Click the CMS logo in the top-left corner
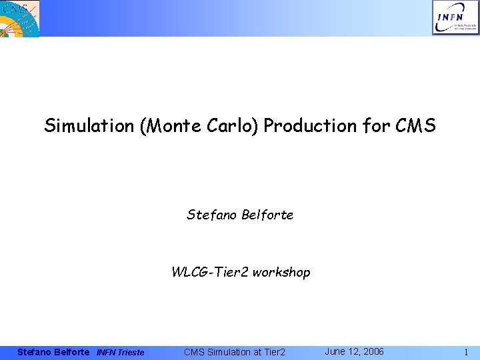[x=20, y=18]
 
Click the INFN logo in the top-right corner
[x=455, y=18]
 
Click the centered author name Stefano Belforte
[x=240, y=215]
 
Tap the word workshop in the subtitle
[x=281, y=272]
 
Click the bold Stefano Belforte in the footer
[x=53, y=352]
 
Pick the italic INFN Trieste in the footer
[x=120, y=352]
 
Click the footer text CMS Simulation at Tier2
[x=234, y=352]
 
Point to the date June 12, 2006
[x=354, y=351]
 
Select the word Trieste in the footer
[x=131, y=352]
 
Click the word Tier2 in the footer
[x=272, y=352]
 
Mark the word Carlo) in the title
[x=237, y=126]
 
